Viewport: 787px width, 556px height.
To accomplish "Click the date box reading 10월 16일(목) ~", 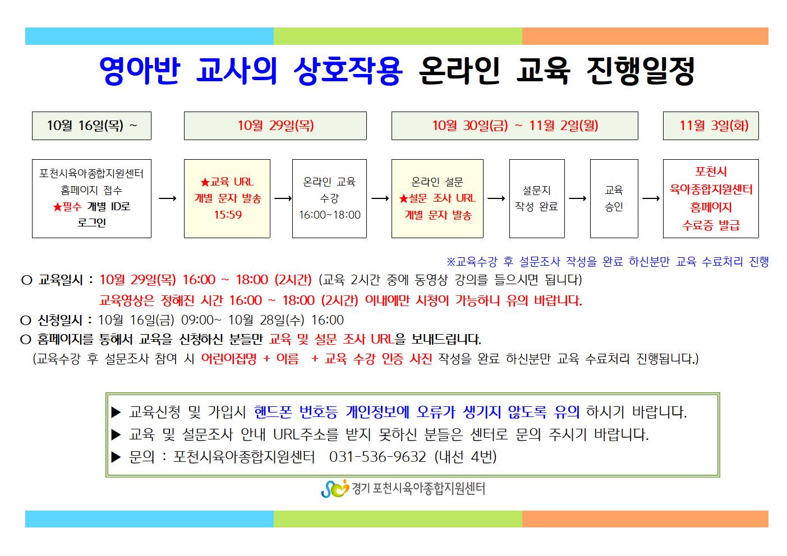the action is click(x=91, y=126).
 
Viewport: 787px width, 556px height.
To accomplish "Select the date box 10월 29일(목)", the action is click(x=275, y=126).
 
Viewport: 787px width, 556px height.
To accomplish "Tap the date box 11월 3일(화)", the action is click(x=711, y=126).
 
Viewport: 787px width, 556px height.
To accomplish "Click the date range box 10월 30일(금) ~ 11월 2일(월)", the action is click(x=515, y=126).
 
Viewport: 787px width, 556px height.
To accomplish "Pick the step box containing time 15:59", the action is click(x=227, y=198).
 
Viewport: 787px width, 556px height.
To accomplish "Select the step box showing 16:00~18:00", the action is click(x=330, y=198).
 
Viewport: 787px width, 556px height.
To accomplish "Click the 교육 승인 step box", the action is click(x=614, y=198).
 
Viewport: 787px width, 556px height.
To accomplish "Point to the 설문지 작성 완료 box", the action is click(x=537, y=198).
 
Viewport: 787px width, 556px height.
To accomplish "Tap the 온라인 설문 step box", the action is click(x=438, y=198).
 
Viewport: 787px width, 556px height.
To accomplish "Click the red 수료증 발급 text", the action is click(x=711, y=225).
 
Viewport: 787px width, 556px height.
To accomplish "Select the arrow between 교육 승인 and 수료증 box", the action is click(x=651, y=198).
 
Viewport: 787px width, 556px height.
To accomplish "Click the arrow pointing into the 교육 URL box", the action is click(x=168, y=198).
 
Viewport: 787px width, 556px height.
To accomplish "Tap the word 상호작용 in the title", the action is click(x=348, y=71).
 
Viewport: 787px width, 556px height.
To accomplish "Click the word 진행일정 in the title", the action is click(x=641, y=71).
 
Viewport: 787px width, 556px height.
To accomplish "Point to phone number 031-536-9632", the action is click(x=378, y=457).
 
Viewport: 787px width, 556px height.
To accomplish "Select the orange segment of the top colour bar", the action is click(x=645, y=36).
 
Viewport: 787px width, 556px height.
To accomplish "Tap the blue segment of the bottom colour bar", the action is click(x=149, y=519).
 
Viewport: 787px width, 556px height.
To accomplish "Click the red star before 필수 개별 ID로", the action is click(x=57, y=207).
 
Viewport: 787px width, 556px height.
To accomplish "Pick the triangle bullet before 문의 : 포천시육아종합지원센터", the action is click(x=116, y=457).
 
